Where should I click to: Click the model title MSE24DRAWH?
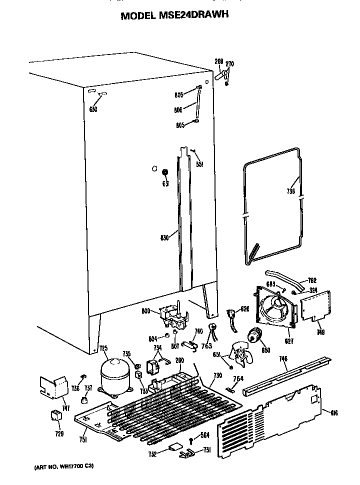coord(174,15)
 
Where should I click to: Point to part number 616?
coord(334,412)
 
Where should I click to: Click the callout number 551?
coord(199,164)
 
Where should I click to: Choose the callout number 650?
coord(93,109)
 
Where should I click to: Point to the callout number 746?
coord(283,358)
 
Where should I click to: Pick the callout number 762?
coord(312,281)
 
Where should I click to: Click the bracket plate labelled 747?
coord(53,386)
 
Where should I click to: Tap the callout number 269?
coord(219,61)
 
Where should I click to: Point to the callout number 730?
coord(217,375)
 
